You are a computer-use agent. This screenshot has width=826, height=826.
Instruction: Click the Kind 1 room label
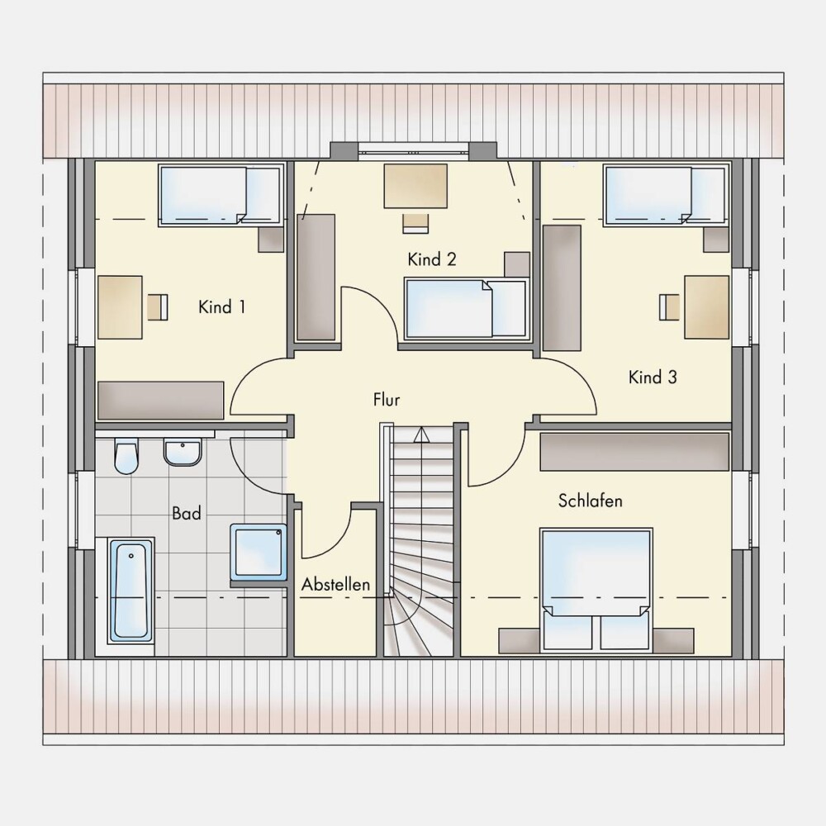pos(221,306)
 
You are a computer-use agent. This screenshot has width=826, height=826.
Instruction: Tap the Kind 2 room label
pos(432,259)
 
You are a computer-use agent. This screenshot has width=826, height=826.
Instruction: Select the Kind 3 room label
pos(653,377)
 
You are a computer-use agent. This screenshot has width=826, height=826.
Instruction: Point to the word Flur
pos(387,399)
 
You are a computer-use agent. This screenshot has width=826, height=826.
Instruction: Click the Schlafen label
pos(591,501)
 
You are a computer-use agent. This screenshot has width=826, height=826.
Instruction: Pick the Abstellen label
pos(335,584)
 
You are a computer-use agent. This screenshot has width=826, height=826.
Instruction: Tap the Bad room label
pos(187,513)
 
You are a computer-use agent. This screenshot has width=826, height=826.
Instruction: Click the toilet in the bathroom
pos(126,455)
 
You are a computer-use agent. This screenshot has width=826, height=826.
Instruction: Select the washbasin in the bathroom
pos(183,452)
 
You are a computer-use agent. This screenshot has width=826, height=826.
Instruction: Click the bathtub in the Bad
pos(131,591)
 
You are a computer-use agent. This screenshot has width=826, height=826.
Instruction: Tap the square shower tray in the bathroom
pos(258,553)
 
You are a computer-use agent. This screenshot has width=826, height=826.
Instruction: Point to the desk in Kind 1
pos(120,307)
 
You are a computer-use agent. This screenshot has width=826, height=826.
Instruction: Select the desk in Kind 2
pos(415,186)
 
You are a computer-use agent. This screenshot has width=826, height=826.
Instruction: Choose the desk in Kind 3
pos(707,306)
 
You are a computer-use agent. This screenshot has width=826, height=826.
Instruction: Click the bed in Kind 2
pos(467,308)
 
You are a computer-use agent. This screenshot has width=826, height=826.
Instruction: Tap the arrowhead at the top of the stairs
pos(421,434)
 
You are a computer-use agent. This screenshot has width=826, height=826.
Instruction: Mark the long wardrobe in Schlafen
pos(634,452)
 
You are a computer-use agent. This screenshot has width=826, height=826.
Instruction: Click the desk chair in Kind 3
pos(669,307)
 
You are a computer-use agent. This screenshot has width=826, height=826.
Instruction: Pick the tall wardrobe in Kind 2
pos(316,278)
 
